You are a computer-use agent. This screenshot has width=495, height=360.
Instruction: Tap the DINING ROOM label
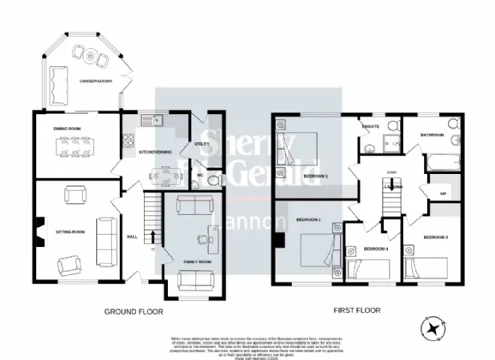[67, 129]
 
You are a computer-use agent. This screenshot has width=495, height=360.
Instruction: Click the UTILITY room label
[202, 145]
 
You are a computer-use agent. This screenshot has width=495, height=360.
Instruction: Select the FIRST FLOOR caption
[356, 310]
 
